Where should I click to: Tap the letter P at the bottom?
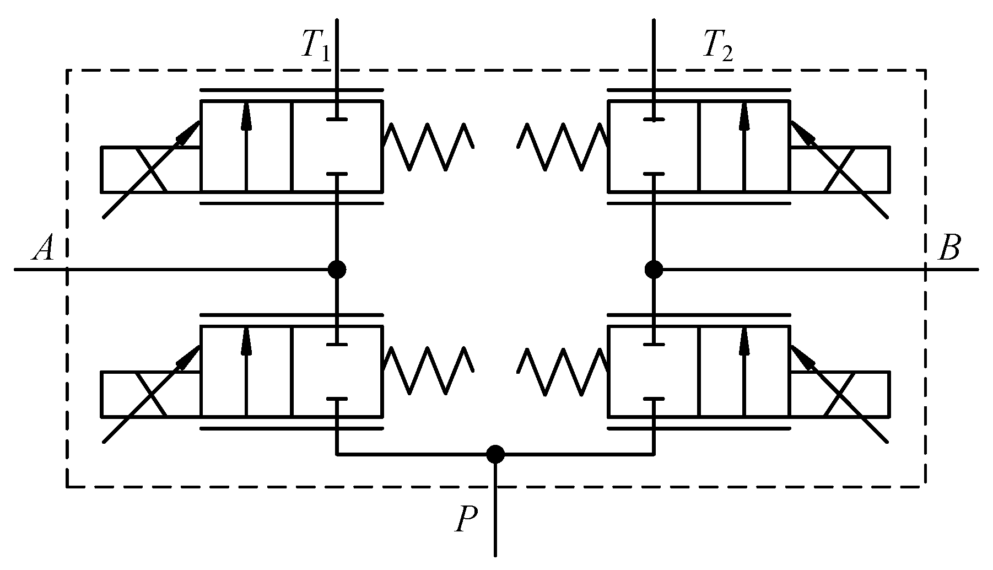[x=466, y=519]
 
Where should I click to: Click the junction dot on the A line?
[x=337, y=270]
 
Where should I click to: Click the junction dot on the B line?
[x=654, y=270]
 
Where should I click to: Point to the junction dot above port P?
[x=495, y=454]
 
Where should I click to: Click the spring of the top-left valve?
[x=428, y=146]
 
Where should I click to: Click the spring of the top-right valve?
[x=562, y=146]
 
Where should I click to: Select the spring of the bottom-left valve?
[x=428, y=370]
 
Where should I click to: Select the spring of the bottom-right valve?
[x=562, y=370]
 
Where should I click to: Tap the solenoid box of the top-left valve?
[x=150, y=169]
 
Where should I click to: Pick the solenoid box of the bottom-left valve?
[x=150, y=394]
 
